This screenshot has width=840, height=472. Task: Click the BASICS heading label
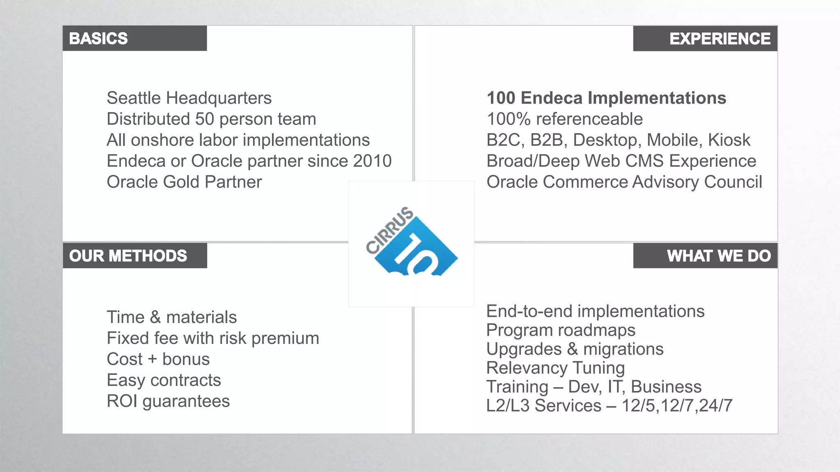[98, 39]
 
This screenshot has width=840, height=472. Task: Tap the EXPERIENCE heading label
[720, 39]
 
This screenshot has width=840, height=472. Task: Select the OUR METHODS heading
[128, 256]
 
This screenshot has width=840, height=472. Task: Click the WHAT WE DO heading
[719, 256]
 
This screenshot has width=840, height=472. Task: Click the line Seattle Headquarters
[189, 98]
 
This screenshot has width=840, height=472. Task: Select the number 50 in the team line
[204, 119]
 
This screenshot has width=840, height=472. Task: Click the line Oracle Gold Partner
[184, 182]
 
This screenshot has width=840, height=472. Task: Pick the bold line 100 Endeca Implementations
[606, 98]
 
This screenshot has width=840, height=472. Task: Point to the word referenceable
[589, 119]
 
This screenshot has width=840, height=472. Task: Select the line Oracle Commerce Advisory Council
[624, 182]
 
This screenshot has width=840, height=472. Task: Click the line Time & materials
[171, 317]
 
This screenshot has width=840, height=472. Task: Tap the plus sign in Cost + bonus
[153, 359]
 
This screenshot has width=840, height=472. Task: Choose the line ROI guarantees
[168, 401]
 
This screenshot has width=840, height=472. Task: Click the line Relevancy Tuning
[555, 368]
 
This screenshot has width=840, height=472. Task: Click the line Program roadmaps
[561, 330]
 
